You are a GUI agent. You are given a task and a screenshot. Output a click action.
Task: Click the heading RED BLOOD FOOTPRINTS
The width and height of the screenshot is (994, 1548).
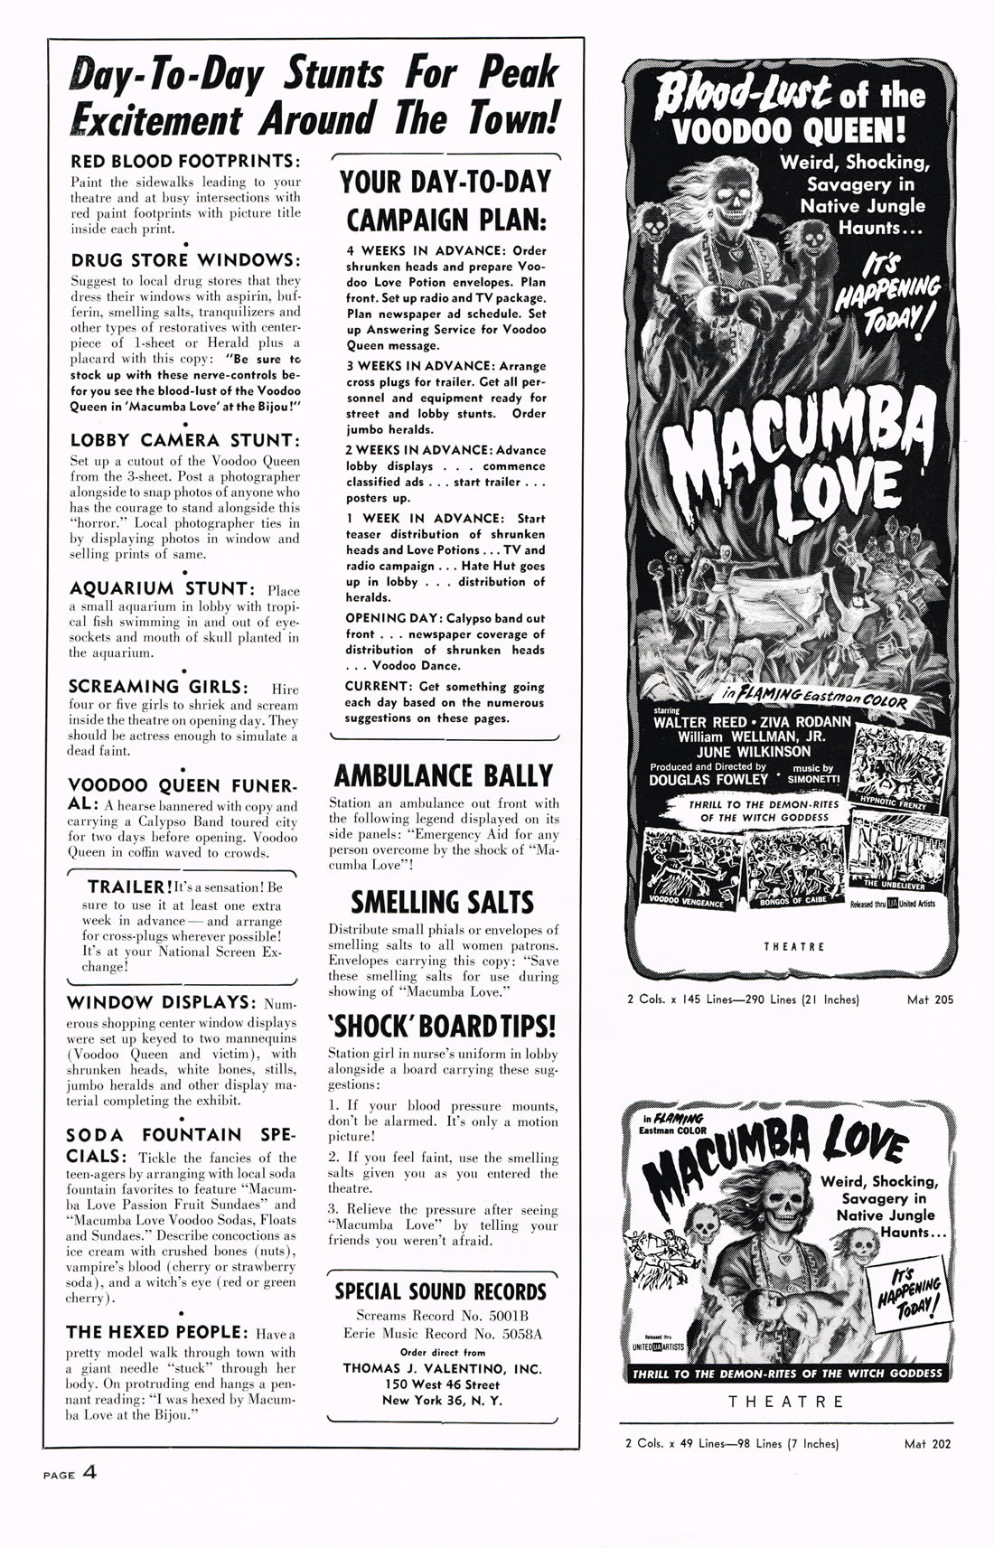[x=184, y=162]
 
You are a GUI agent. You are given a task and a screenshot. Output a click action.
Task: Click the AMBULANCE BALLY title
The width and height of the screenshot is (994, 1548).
[x=443, y=776]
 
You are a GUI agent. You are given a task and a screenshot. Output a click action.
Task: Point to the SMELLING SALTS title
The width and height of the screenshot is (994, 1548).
[x=442, y=902]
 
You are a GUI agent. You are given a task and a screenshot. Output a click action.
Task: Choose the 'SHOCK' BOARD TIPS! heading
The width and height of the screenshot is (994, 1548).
[x=442, y=1027]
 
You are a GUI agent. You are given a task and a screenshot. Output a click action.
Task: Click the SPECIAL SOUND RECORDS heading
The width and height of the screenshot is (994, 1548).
[x=441, y=1291]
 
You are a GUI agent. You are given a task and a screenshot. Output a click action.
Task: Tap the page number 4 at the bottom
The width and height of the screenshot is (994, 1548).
[x=89, y=1472]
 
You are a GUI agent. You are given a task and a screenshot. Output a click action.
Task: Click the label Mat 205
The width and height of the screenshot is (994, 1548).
[x=930, y=999]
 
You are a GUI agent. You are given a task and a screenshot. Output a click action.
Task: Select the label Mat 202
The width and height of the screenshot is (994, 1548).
[x=927, y=1444]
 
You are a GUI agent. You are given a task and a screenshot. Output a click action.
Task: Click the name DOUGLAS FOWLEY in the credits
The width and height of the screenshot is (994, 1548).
[x=708, y=780]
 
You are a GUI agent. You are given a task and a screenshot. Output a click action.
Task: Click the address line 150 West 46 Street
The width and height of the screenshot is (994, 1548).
[x=441, y=1384]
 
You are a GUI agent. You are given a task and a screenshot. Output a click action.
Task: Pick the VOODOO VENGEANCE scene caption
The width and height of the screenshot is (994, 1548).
[x=687, y=902]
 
